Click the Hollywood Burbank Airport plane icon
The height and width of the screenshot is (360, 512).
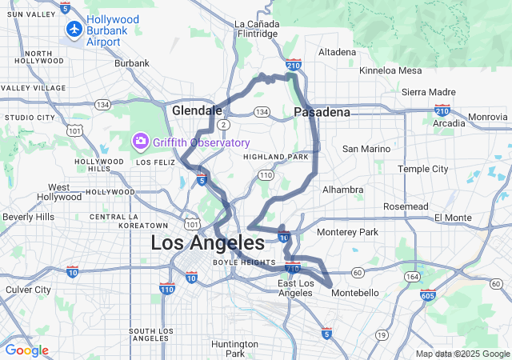tap(74, 29)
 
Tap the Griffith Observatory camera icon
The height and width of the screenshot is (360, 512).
tap(141, 142)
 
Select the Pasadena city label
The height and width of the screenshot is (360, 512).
tap(322, 112)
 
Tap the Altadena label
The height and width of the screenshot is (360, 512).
tap(337, 52)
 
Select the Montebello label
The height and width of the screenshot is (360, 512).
tap(356, 293)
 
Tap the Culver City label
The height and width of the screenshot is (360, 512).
tap(29, 290)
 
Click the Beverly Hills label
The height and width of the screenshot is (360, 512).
tap(28, 217)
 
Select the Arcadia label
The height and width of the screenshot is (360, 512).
tap(448, 123)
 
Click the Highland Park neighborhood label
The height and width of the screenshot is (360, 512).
tap(276, 157)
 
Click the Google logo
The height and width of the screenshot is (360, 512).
tap(26, 350)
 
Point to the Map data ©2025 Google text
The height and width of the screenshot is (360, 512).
tap(462, 354)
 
